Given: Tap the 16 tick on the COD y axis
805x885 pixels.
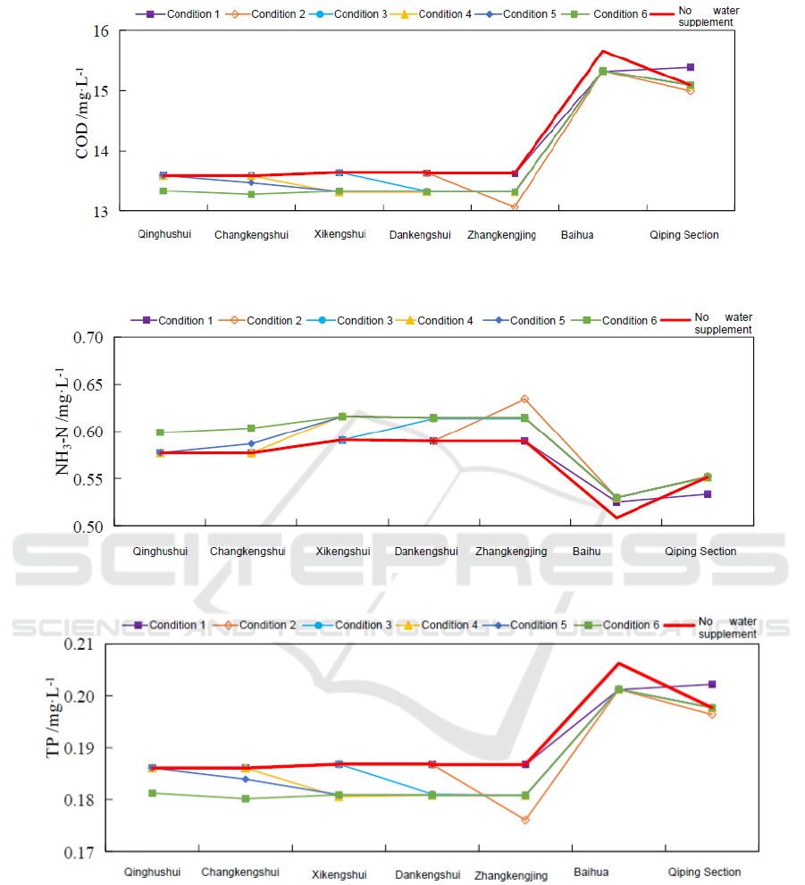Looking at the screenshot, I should click(100, 31).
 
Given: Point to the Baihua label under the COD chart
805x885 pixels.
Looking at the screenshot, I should click(577, 235).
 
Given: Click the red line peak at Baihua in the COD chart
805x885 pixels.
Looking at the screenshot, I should click(603, 51).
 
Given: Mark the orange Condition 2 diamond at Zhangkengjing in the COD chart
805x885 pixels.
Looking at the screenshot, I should click(515, 207).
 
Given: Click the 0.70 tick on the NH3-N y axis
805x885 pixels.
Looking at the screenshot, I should click(89, 338).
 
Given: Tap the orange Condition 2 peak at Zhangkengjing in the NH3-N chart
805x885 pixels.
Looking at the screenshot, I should click(524, 399).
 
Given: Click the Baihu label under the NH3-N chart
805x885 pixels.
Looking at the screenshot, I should click(587, 552).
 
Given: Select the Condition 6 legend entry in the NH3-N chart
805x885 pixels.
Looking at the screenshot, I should click(629, 320).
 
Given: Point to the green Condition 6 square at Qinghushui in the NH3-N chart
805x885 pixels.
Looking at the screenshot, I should click(160, 433).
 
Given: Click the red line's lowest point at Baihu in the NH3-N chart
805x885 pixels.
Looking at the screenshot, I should click(616, 518).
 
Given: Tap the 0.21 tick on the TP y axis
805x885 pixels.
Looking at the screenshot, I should click(88, 645).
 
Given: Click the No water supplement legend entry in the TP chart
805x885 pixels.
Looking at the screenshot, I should click(725, 628).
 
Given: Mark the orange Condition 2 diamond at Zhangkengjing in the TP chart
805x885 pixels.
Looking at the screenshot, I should click(525, 820).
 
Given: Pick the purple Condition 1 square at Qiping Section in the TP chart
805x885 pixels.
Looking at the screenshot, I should click(712, 684).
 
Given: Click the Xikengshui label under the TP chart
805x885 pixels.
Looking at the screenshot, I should click(340, 874).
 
